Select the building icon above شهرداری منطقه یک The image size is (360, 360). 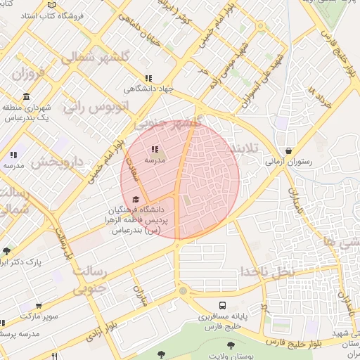[x=26, y=96]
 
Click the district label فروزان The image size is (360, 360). [x=28, y=72]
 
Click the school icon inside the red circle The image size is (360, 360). [x=155, y=148]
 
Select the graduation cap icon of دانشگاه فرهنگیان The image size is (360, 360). [x=135, y=199]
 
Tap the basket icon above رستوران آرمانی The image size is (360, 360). [x=290, y=150]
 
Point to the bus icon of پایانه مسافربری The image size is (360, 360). [x=222, y=306]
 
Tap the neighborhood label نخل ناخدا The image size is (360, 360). [x=265, y=270]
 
